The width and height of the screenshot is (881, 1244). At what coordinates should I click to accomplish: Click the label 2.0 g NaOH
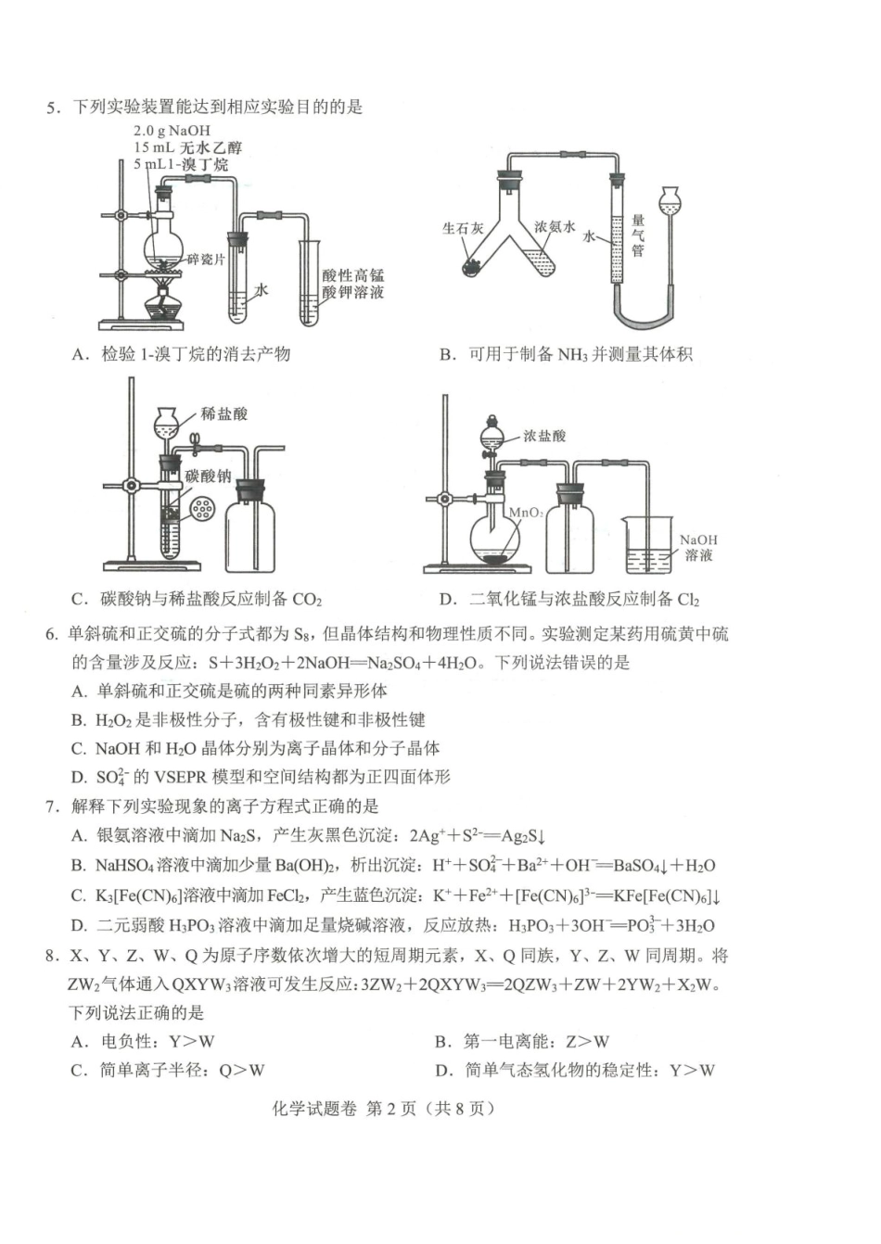pyautogui.click(x=172, y=131)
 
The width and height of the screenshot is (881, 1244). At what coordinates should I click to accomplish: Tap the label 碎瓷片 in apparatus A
pyautogui.click(x=206, y=260)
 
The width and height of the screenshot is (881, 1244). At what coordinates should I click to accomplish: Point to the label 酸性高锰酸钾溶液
pyautogui.click(x=352, y=284)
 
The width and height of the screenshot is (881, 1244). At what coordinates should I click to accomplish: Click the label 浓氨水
pyautogui.click(x=555, y=226)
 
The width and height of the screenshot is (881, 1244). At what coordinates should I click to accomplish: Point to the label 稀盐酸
pyautogui.click(x=223, y=414)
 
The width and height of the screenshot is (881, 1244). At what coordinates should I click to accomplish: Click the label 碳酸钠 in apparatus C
pyautogui.click(x=208, y=476)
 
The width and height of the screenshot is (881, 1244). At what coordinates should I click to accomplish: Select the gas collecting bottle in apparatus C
pyautogui.click(x=249, y=528)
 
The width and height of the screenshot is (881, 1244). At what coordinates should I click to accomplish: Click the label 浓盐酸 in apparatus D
pyautogui.click(x=544, y=436)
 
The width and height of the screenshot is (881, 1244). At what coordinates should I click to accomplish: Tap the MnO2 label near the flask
pyautogui.click(x=526, y=512)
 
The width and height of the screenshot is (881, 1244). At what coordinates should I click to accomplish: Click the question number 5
pyautogui.click(x=53, y=108)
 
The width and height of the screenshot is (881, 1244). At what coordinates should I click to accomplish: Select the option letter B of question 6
pyautogui.click(x=79, y=720)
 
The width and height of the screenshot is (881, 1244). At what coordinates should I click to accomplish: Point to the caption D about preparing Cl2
pyautogui.click(x=569, y=600)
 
